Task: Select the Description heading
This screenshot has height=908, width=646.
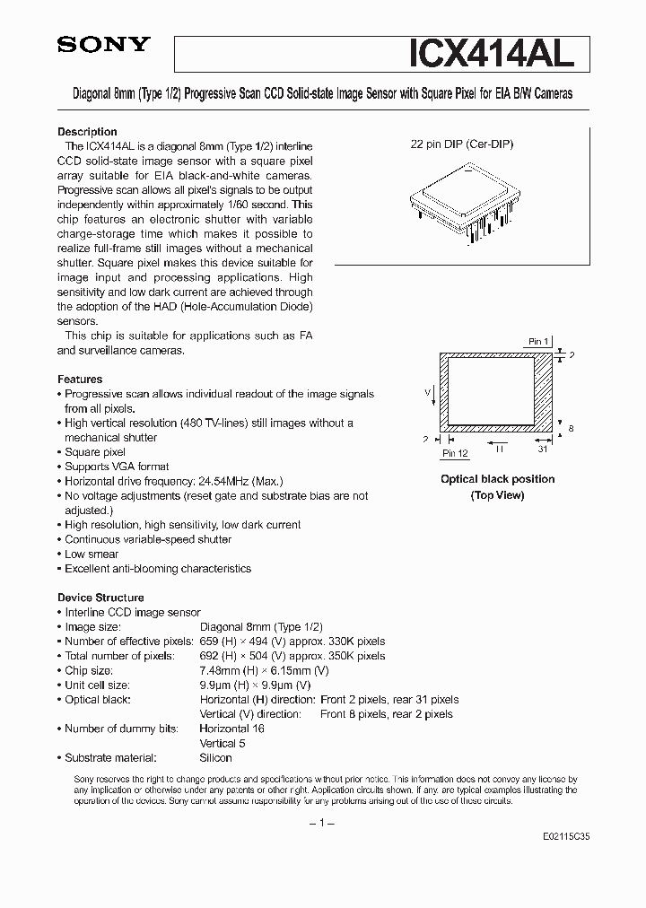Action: pyautogui.click(x=87, y=131)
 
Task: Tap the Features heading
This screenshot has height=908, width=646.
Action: pyautogui.click(x=80, y=380)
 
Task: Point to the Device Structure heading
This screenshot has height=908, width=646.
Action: pyautogui.click(x=100, y=598)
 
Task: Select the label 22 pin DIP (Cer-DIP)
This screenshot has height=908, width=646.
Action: pyautogui.click(x=462, y=144)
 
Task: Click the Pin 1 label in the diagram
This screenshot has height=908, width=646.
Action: pyautogui.click(x=537, y=342)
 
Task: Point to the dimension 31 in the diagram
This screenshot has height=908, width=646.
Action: pyautogui.click(x=543, y=450)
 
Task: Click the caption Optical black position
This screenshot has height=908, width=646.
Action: pyautogui.click(x=497, y=479)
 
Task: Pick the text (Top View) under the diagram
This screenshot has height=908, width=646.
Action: pyautogui.click(x=497, y=495)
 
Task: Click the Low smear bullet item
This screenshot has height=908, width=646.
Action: pyautogui.click(x=92, y=554)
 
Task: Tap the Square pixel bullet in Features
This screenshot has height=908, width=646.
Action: pyautogui.click(x=95, y=452)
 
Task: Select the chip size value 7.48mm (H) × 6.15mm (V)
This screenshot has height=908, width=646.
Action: pyautogui.click(x=264, y=671)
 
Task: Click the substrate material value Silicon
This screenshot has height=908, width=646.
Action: pyautogui.click(x=215, y=758)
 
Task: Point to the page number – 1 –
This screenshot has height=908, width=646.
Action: pyautogui.click(x=321, y=823)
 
